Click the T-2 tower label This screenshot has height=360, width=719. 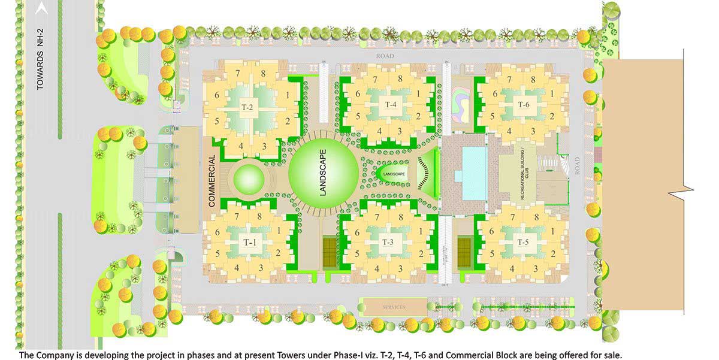[247, 108]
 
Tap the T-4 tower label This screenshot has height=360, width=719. [391, 104]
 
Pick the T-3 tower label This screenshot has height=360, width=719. [388, 242]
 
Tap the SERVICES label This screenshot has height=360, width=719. [394, 307]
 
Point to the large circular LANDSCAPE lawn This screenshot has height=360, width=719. [324, 173]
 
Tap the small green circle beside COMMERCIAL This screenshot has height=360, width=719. [248, 178]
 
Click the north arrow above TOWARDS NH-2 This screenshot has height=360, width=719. [41, 8]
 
